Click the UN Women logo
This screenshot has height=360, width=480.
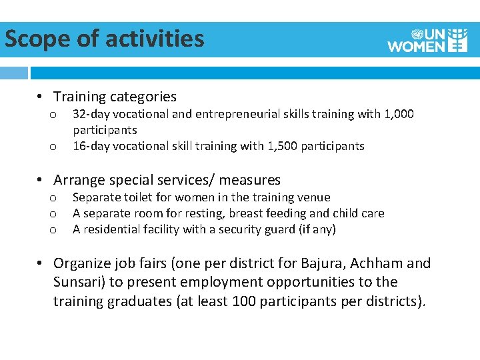[427, 40]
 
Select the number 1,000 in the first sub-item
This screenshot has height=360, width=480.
[399, 114]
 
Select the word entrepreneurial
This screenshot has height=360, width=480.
[216, 114]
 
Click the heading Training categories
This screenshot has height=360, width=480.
[115, 97]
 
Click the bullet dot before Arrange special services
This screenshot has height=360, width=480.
[41, 180]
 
